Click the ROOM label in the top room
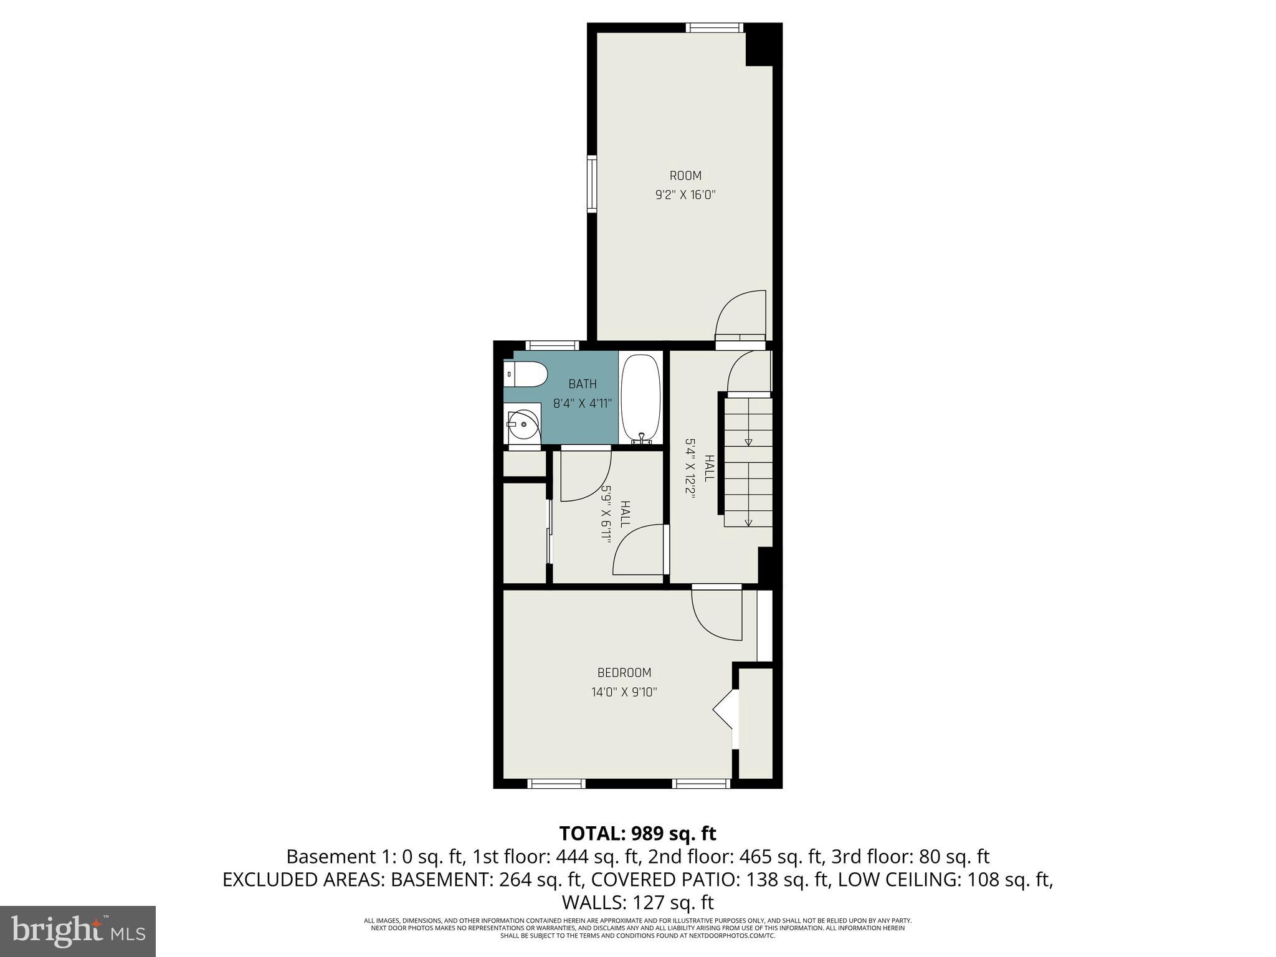click(x=685, y=176)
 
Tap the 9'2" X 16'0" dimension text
click(x=685, y=195)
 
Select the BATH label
click(x=582, y=384)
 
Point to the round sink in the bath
click(x=523, y=424)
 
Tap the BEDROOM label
click(x=624, y=673)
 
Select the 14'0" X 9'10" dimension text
click(x=624, y=692)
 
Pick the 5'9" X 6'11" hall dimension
click(x=605, y=514)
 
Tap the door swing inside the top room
click(x=740, y=315)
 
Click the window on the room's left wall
click(x=591, y=184)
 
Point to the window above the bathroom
click(x=552, y=345)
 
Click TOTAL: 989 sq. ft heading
click(x=637, y=834)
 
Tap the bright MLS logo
click(x=78, y=931)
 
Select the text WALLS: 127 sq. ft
click(x=637, y=903)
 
